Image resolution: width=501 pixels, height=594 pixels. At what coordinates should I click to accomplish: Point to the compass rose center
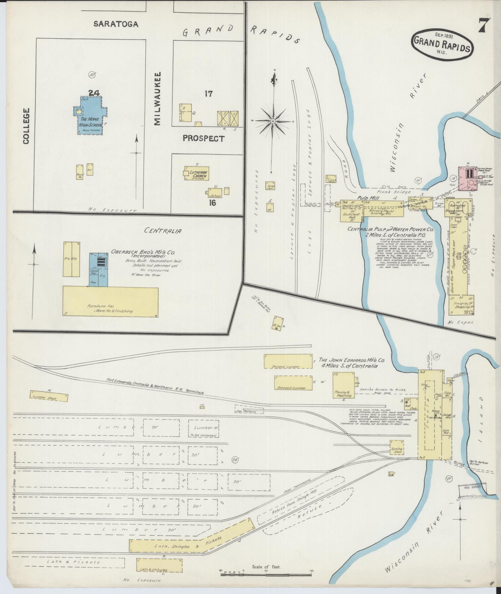[273, 121]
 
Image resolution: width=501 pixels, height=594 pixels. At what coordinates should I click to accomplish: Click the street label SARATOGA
[116, 24]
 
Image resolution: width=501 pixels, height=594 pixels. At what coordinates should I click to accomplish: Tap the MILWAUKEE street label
[158, 99]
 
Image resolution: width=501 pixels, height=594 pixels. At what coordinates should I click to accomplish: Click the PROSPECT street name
[203, 138]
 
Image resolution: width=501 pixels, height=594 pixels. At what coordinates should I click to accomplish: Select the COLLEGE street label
[26, 126]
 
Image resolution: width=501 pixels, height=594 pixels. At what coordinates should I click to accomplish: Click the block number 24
[93, 93]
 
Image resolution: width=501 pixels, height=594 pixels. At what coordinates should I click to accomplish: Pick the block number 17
[208, 93]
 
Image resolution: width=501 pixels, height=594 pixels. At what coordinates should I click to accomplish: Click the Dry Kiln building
[72, 259]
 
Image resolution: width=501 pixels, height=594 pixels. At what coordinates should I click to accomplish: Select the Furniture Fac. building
[110, 301]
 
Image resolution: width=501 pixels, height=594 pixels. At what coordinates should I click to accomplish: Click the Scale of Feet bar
[266, 575]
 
